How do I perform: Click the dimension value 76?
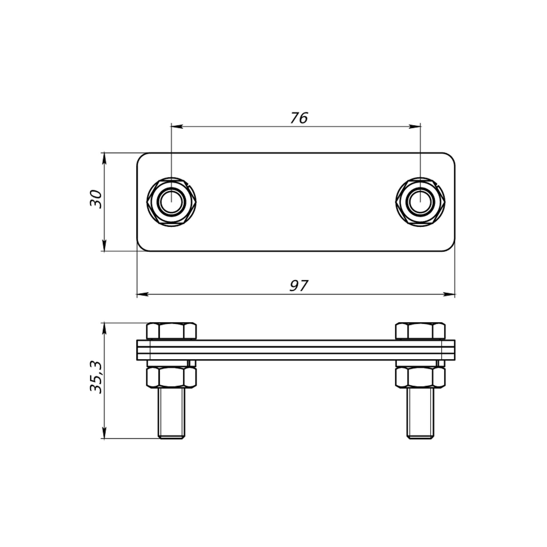click(x=299, y=118)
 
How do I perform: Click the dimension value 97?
click(x=298, y=286)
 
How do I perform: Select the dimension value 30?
click(x=96, y=199)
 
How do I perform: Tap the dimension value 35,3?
click(x=96, y=377)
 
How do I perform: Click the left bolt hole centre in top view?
click(x=171, y=202)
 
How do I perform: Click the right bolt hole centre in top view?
click(x=420, y=202)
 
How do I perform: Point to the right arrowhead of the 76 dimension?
click(x=415, y=127)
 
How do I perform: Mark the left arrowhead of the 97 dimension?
click(x=142, y=295)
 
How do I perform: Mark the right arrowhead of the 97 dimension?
click(x=449, y=295)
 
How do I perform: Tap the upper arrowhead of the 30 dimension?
click(x=104, y=158)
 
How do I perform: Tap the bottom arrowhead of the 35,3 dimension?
click(x=104, y=433)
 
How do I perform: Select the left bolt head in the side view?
click(x=171, y=331)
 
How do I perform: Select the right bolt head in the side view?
click(x=420, y=331)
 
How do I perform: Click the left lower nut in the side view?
click(x=171, y=377)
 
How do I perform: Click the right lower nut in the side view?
click(x=420, y=377)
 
